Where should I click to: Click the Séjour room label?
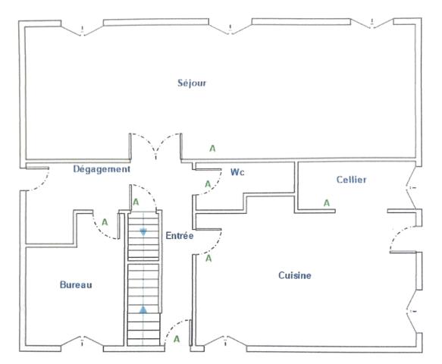pyautogui.click(x=191, y=83)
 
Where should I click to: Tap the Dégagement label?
pyautogui.click(x=102, y=169)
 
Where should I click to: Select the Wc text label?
pyautogui.click(x=237, y=173)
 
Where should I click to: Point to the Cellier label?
pyautogui.click(x=351, y=179)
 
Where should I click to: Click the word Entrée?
pyautogui.click(x=180, y=237)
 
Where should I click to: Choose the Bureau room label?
pyautogui.click(x=76, y=285)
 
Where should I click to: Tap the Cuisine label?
pyautogui.click(x=295, y=276)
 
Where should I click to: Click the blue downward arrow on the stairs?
pyautogui.click(x=143, y=232)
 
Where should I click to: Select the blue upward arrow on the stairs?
pyautogui.click(x=143, y=309)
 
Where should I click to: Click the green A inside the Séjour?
pyautogui.click(x=212, y=149)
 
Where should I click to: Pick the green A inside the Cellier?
pyautogui.click(x=327, y=202)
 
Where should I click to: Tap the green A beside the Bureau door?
pyautogui.click(x=105, y=222)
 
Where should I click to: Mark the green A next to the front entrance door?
pyautogui.click(x=177, y=339)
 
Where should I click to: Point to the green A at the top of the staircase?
pyautogui.click(x=136, y=202)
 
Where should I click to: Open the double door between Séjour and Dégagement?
pyautogui.click(x=155, y=148)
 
